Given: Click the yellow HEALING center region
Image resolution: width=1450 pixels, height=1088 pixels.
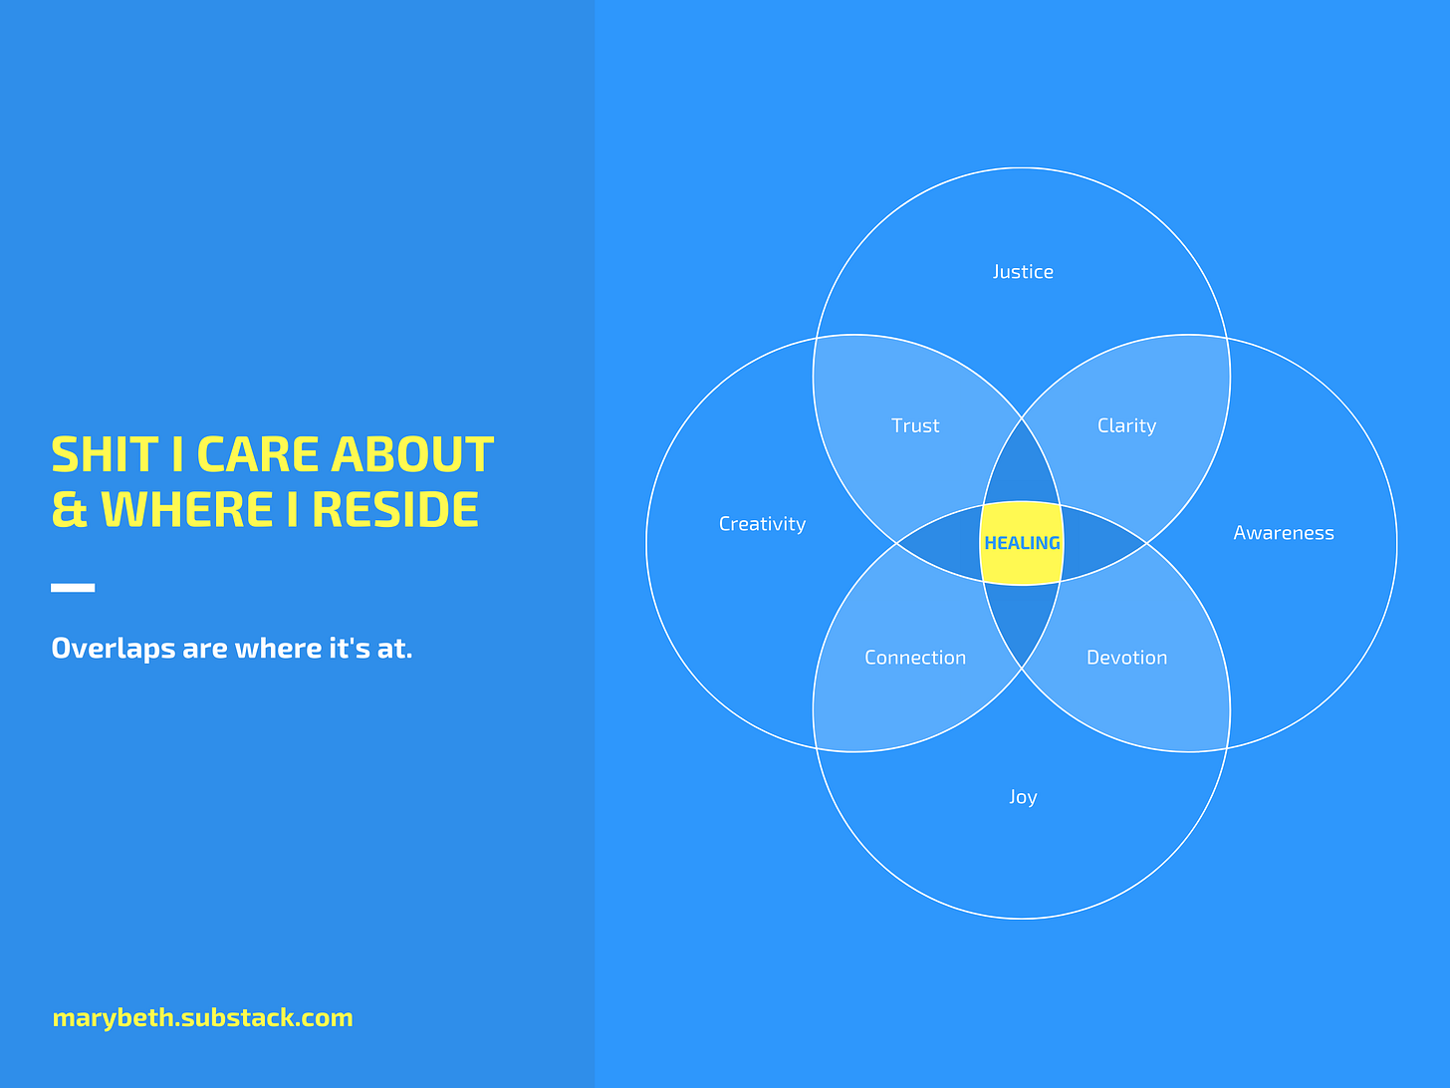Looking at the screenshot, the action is [1022, 543].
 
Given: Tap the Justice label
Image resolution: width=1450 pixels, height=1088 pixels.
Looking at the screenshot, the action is [1023, 272].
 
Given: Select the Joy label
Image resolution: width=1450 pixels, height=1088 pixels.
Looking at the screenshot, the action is [1023, 797].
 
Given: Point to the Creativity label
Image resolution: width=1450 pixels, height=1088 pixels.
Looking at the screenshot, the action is [762, 524].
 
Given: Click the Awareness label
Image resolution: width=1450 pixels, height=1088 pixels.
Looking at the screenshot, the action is [1283, 532].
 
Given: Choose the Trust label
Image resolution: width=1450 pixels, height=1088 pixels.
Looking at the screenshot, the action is [915, 425].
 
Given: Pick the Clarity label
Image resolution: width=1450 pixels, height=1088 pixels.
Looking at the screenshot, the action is [1126, 425].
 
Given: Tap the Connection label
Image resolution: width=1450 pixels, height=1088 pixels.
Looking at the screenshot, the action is [915, 658].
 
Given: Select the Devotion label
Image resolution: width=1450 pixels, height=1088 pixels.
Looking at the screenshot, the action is [1126, 658].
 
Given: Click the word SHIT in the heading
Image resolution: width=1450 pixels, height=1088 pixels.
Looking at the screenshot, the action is [105, 454].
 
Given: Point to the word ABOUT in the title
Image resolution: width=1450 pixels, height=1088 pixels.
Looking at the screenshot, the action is [411, 454].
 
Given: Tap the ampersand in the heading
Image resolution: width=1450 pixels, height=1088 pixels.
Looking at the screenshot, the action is [70, 509].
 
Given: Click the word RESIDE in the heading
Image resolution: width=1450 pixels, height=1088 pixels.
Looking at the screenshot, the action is [394, 509].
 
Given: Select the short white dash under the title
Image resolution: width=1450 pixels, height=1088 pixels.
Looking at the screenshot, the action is [73, 587].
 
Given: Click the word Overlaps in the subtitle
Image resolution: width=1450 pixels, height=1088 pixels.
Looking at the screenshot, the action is [113, 649].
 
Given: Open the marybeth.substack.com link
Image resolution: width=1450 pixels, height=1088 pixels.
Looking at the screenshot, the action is [202, 1017].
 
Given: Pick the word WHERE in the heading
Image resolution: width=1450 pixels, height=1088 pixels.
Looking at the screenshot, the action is [186, 509].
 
